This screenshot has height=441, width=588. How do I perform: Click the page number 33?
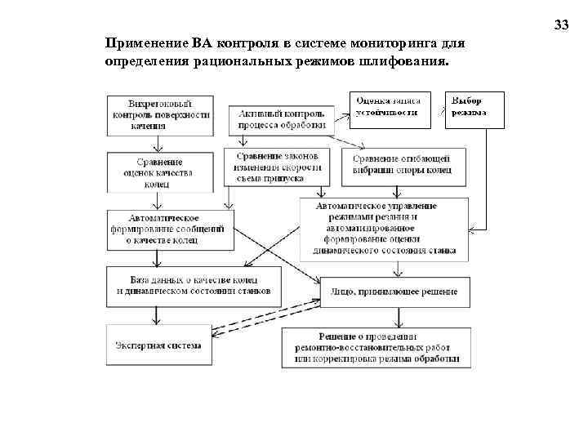click(x=561, y=25)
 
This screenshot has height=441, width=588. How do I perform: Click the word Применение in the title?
click(x=146, y=43)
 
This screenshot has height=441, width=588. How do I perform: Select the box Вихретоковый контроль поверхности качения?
click(x=159, y=115)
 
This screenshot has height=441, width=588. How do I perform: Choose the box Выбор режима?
click(x=473, y=106)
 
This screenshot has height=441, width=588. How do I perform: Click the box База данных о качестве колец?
click(x=194, y=286)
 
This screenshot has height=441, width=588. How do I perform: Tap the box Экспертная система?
click(x=158, y=345)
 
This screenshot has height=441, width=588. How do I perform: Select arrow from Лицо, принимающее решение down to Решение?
click(x=397, y=315)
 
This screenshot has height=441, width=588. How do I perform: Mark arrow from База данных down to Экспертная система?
click(x=156, y=315)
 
